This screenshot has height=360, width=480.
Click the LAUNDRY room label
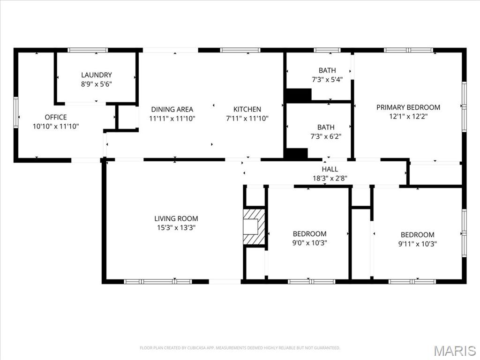[97, 75]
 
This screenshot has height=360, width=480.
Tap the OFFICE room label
[56, 117]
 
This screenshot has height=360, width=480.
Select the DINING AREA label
[172, 109]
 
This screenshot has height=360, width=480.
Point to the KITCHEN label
[247, 109]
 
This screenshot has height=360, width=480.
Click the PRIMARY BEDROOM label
[408, 107]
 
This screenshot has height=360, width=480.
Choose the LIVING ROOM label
[176, 218]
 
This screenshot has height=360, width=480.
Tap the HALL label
[330, 169]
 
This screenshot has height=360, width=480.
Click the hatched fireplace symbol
[254, 227]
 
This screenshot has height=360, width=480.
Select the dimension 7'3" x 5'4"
[327, 80]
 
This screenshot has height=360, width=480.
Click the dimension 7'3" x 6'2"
[326, 136]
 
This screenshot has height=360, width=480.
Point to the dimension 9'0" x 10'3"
[309, 243]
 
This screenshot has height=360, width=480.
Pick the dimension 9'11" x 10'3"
[417, 244]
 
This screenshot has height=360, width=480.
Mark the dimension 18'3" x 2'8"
[330, 178]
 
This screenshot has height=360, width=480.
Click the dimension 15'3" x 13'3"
[176, 228]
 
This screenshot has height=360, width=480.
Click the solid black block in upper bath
[299, 95]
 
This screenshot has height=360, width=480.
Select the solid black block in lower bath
[296, 154]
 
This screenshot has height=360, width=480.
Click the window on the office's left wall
[15, 112]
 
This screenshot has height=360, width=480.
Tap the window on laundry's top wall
[88, 50]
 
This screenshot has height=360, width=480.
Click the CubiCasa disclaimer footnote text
[240, 348]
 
